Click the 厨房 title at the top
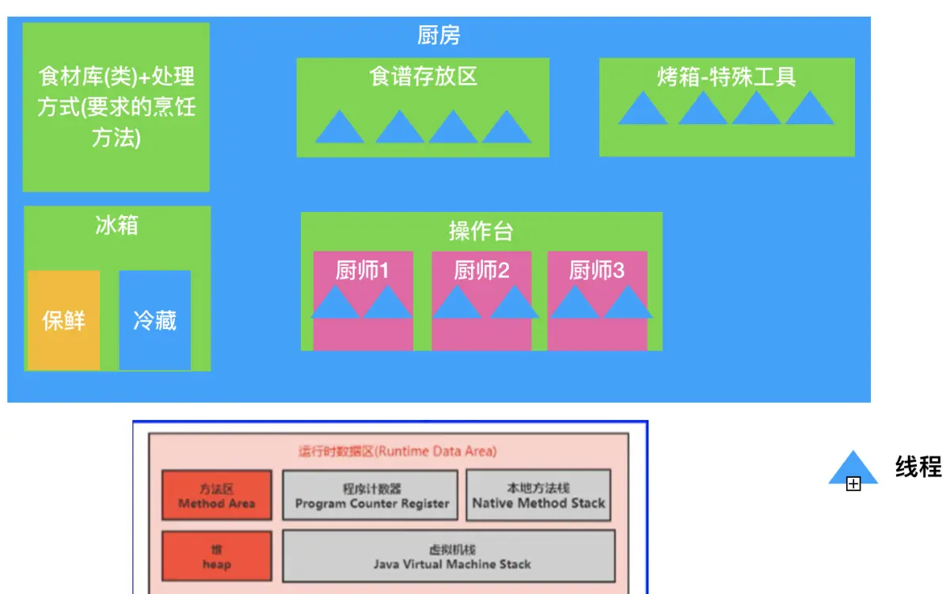tap(438, 35)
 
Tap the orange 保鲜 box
tap(64, 320)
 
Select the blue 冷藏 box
tap(154, 320)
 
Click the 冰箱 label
tap(116, 225)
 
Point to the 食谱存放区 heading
tap(423, 76)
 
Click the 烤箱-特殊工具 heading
tap(726, 76)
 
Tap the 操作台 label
tap(481, 231)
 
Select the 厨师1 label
tap(363, 271)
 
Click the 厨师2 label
tap(481, 271)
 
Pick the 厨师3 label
tap(597, 271)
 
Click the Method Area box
tap(217, 496)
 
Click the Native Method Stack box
tap(538, 496)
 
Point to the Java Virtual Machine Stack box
tap(449, 557)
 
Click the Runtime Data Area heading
tap(397, 452)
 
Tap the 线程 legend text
tap(918, 467)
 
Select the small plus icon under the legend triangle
tap(853, 484)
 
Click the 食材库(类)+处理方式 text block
tap(116, 107)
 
